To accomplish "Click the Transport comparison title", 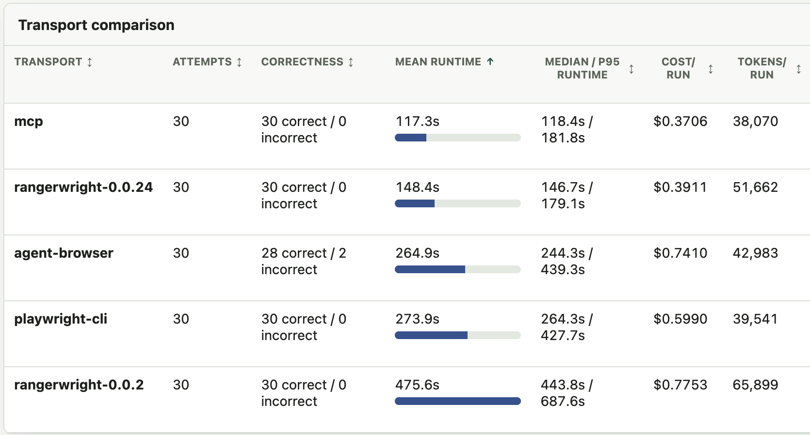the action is coord(96,25).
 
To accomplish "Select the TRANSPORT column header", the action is coord(48,62).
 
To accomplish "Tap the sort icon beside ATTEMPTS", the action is coord(239,62).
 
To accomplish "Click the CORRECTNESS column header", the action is coord(302,62).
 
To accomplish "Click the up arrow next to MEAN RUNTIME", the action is coord(490,62).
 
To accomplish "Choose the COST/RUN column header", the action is coord(678,68).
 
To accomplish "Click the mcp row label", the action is coord(29,121).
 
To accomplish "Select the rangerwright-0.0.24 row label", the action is coord(83,187).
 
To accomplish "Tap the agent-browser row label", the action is coord(64,253).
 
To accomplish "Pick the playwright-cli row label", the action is coord(61,319).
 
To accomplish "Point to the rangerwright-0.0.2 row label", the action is coord(79,385).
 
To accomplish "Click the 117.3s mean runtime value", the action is coord(417,121).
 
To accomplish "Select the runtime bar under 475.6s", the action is coord(458,401).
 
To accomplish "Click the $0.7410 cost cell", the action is coord(680,253).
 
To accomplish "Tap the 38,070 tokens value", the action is coord(755,121).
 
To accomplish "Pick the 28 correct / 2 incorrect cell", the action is coord(304,261).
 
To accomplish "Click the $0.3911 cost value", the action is coord(680,187).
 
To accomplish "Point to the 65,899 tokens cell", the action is coord(755,385).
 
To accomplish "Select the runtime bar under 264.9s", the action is coord(458,269).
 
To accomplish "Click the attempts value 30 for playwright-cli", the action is coord(181,319).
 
